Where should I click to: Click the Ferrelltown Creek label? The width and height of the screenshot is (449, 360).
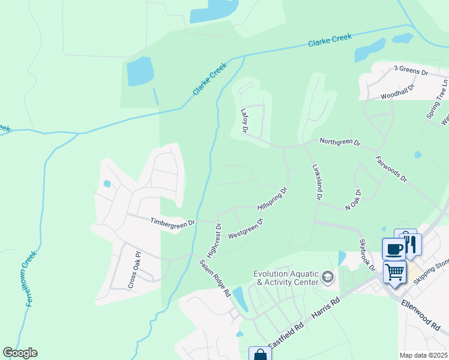(x=31, y=278)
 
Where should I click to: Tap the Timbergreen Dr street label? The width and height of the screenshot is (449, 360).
(x=173, y=222)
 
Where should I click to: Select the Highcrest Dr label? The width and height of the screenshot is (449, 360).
(x=214, y=238)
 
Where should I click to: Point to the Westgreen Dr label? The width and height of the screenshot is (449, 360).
(x=246, y=229)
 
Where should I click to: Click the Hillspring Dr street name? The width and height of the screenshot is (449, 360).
(x=273, y=198)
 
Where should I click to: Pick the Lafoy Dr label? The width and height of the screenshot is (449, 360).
(x=245, y=121)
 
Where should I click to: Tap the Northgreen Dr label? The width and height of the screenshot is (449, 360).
(x=340, y=143)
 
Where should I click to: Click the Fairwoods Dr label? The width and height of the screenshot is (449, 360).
(x=391, y=170)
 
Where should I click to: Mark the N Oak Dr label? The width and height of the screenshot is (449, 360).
(x=352, y=200)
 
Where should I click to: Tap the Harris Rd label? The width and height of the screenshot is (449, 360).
(x=327, y=308)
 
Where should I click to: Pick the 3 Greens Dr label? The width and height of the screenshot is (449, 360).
(x=410, y=71)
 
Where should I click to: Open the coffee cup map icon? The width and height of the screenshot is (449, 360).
(x=394, y=249)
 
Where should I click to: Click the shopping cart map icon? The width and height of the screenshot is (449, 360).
(x=394, y=272)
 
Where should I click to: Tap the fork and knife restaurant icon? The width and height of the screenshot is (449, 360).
(x=411, y=244)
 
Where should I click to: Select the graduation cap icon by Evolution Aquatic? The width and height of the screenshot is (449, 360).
(x=328, y=277)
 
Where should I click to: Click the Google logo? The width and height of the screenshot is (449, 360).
(x=20, y=353)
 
